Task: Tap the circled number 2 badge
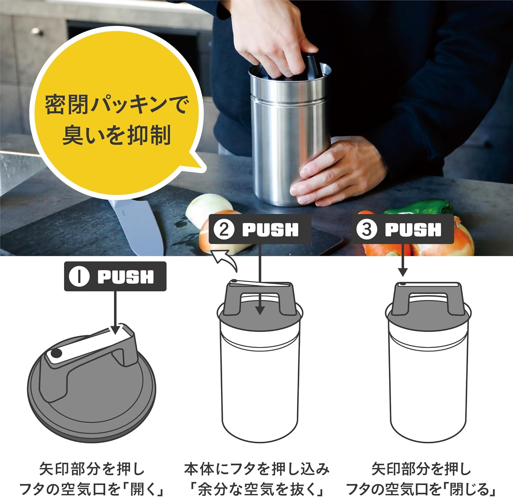point(224,230)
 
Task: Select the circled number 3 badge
point(367,230)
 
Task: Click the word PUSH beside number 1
point(126,277)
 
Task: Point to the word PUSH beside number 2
point(270,230)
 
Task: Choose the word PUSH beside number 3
point(413,230)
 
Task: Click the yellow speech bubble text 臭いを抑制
point(116,135)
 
